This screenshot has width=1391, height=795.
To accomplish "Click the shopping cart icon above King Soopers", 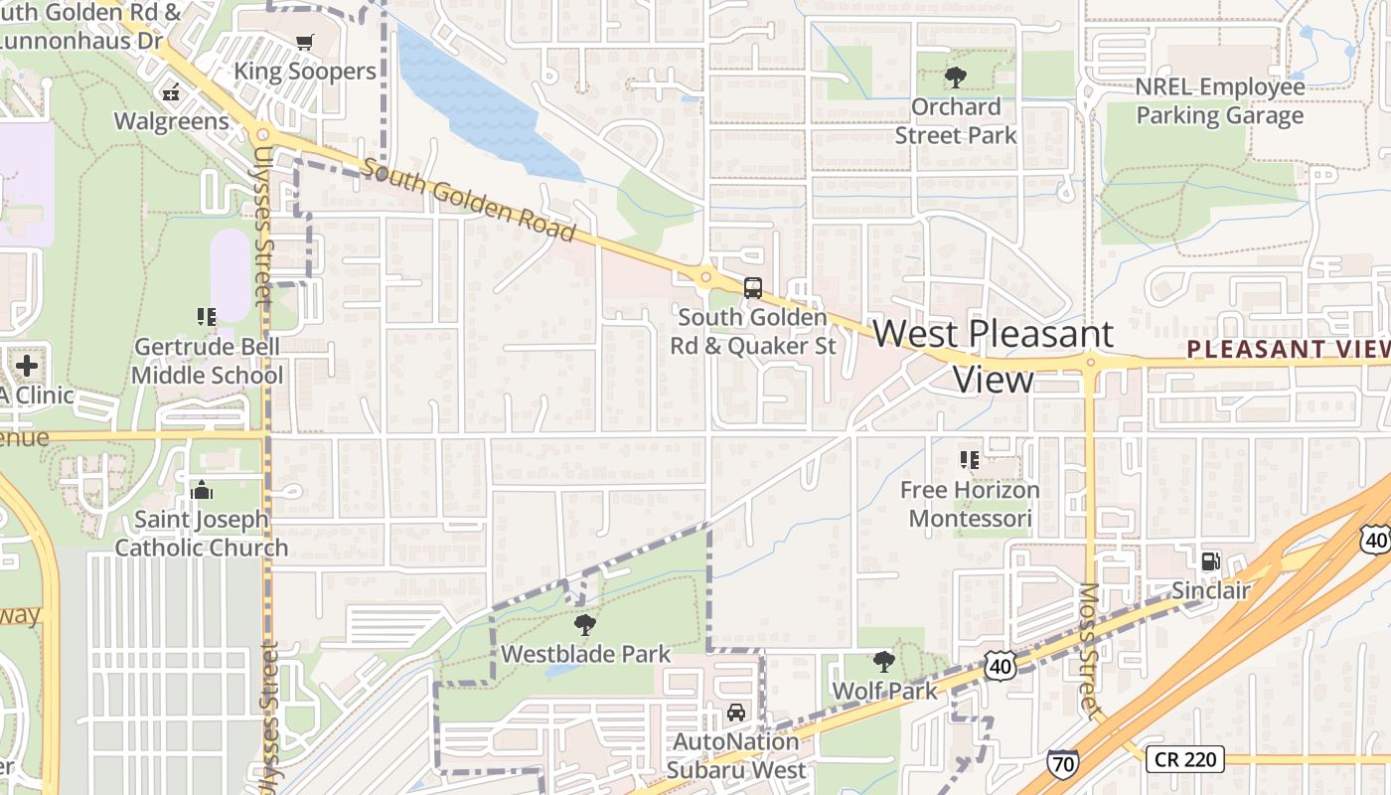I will point(304,42).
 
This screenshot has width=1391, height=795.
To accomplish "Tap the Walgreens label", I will point(171,121).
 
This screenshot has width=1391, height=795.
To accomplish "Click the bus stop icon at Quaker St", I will point(753,288).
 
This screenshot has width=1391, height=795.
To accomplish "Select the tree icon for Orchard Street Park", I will point(956,77).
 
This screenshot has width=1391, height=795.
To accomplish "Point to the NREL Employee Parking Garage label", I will point(1219,101).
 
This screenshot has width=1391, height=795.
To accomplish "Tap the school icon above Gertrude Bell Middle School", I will point(206,317).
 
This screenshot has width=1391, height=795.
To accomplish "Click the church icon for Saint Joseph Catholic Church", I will point(202,490).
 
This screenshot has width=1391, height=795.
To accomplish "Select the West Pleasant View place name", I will point(994,355).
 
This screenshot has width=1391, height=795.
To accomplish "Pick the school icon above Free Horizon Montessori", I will point(969,459).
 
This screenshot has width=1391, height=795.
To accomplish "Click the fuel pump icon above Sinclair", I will point(1210,561).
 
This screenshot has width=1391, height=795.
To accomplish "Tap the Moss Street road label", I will point(1090,646).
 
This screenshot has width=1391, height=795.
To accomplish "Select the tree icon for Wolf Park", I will point(883,661).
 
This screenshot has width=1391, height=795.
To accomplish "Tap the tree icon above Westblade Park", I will point(585,625).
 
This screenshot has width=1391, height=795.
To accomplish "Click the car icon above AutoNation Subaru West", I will point(735,713).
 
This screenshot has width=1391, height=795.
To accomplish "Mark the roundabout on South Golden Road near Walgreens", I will point(262,134).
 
